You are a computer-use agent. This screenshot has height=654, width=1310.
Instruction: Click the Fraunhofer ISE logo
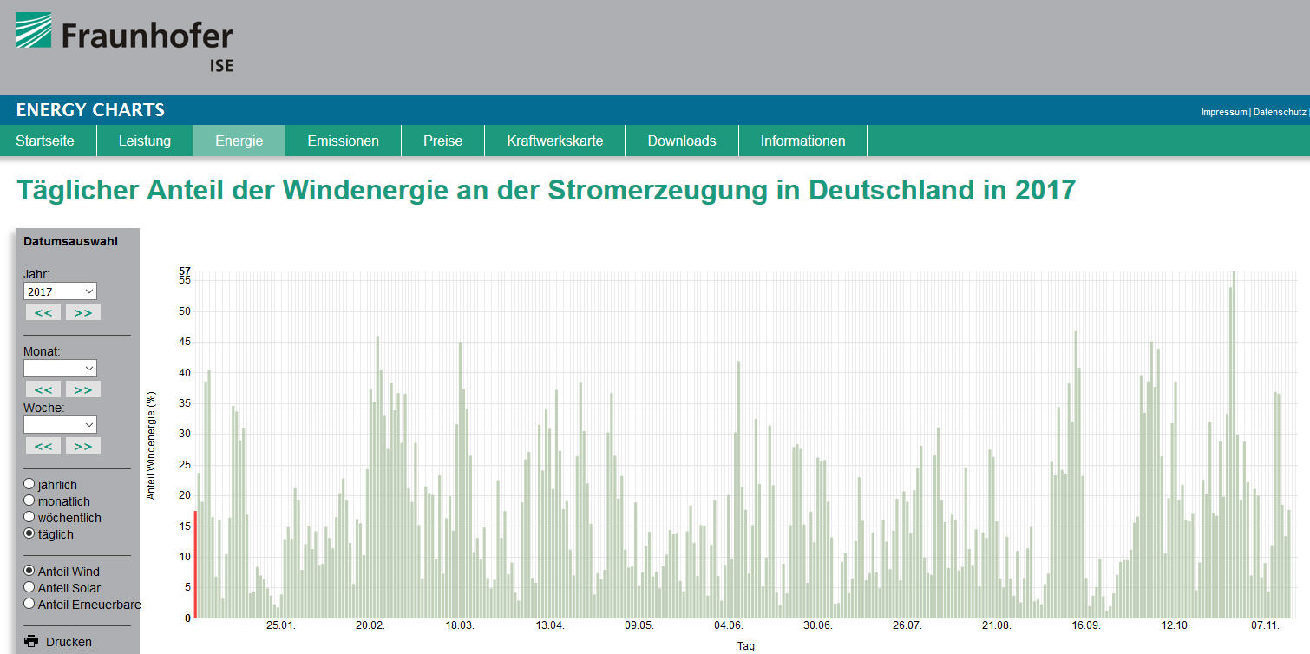124,40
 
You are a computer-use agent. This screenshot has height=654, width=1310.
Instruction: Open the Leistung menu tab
144,141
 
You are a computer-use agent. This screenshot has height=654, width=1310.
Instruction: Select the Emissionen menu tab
343,141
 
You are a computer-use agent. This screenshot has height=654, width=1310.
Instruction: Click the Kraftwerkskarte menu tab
554,141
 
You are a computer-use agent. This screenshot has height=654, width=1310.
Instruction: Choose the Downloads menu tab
682,141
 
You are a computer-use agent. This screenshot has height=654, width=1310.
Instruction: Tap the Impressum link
1223,112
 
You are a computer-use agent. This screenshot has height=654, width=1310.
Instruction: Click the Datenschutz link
1280,112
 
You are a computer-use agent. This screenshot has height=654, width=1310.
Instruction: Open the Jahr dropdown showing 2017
61,291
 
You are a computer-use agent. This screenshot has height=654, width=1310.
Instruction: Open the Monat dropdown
61,369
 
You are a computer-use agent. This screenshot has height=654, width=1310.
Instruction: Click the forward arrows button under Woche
83,446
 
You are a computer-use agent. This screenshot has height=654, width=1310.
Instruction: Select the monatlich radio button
29,500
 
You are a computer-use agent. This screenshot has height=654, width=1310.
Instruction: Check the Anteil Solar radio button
29,588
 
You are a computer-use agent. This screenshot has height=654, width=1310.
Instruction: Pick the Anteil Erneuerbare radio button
29,604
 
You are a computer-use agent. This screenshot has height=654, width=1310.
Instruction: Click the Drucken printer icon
32,642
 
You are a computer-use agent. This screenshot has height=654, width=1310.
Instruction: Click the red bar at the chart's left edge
195,564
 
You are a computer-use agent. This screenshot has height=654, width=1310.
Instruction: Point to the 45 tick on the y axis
184,342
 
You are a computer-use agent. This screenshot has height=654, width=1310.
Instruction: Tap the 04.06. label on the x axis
729,625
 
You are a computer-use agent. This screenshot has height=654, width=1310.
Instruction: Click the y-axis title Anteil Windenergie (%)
151,446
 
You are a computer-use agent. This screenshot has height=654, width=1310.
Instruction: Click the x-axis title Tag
745,646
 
